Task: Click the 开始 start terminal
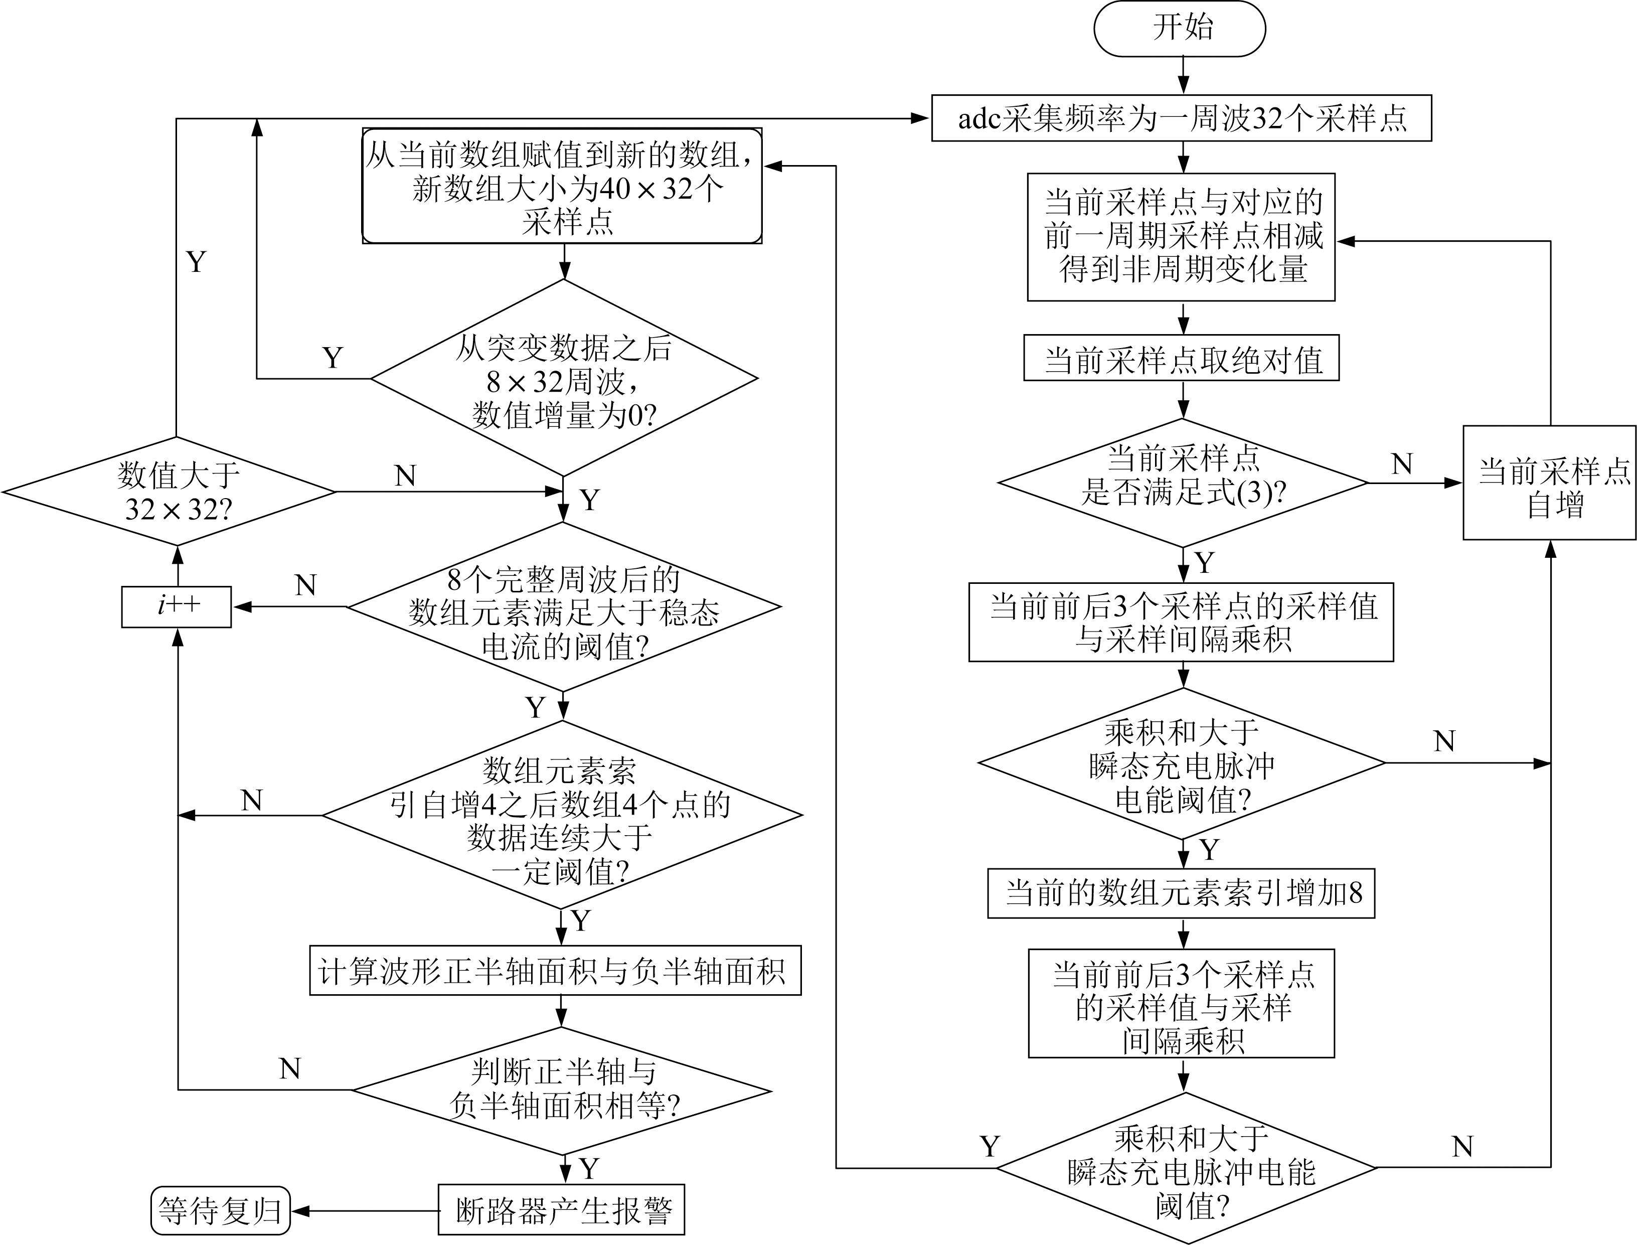(1179, 28)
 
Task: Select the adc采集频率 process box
(1181, 118)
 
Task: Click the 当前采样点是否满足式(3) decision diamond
(1183, 483)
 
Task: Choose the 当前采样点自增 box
(1549, 483)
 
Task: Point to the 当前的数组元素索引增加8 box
(1181, 893)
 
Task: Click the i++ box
(177, 606)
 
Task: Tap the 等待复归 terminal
(220, 1211)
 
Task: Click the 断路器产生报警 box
(561, 1211)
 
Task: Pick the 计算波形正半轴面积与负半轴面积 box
(555, 971)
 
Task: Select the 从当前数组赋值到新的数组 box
(562, 186)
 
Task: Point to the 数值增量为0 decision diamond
(563, 379)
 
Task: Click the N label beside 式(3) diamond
(1401, 464)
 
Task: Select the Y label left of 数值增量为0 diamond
(333, 358)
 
